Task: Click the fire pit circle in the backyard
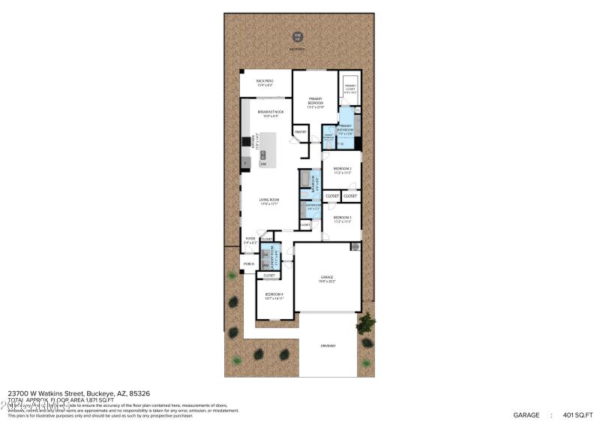tap(298, 36)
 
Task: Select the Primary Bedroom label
tap(315, 101)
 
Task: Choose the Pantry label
tap(300, 132)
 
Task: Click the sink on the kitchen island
tap(263, 154)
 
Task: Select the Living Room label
tap(269, 201)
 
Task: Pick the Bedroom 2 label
tap(342, 170)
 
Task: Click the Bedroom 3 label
tap(342, 219)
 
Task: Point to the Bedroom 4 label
tap(273, 296)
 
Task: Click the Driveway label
tap(328, 345)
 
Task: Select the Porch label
tap(249, 264)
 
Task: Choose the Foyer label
tap(250, 241)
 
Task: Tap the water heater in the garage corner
tap(355, 246)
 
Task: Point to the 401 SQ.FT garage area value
tap(577, 414)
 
